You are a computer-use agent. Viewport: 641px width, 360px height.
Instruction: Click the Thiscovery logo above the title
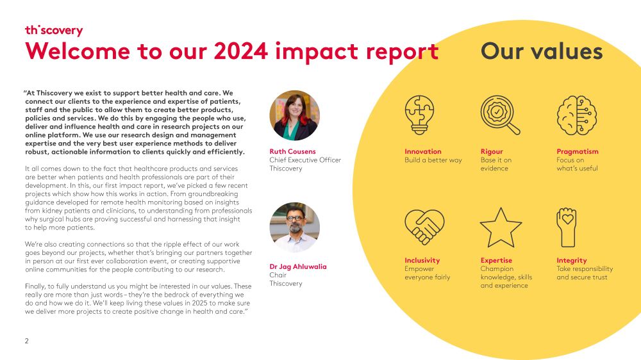click(x=54, y=30)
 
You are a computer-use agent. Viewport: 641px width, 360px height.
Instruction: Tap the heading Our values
click(x=542, y=51)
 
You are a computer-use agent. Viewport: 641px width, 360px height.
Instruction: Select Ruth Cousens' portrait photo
click(x=294, y=115)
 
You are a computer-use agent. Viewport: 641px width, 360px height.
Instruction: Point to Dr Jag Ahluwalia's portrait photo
click(x=294, y=227)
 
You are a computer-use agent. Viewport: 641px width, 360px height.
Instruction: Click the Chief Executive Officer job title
click(x=305, y=160)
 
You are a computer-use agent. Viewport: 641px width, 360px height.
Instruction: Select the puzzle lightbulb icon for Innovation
click(x=420, y=115)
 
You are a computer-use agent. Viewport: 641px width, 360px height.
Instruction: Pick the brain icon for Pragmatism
click(x=572, y=115)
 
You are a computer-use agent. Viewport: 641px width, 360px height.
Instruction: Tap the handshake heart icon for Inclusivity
click(x=424, y=227)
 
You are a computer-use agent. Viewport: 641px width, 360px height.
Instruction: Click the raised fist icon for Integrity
click(x=567, y=227)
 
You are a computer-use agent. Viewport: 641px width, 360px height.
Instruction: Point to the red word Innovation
click(x=422, y=152)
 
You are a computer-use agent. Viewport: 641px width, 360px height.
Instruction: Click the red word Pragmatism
click(x=577, y=152)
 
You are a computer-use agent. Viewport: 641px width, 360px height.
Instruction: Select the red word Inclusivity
click(x=422, y=261)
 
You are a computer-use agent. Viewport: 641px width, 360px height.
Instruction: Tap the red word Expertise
click(x=496, y=261)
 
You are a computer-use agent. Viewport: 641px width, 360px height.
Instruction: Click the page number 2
click(x=26, y=341)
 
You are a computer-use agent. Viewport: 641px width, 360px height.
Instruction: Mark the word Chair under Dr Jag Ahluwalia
click(x=278, y=275)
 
